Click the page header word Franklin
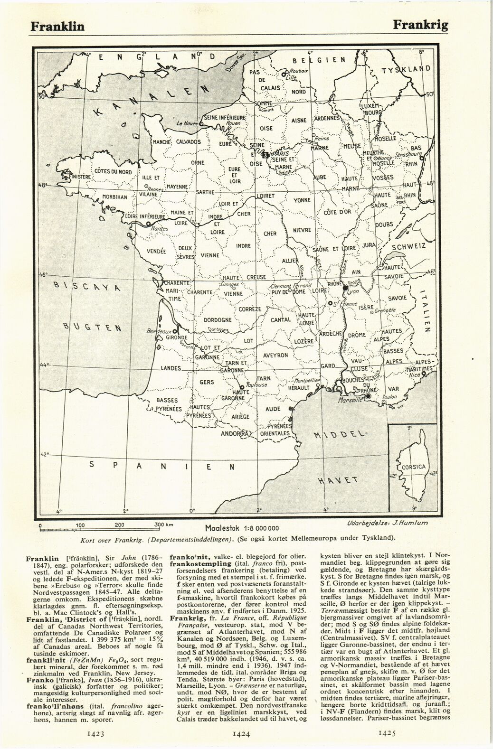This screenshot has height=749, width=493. click(57, 26)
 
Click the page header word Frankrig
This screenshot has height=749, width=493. click(420, 25)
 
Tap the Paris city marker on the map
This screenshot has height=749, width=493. click(266, 155)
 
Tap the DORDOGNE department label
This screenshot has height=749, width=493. click(217, 320)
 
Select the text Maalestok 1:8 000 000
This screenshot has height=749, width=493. click(242, 528)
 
